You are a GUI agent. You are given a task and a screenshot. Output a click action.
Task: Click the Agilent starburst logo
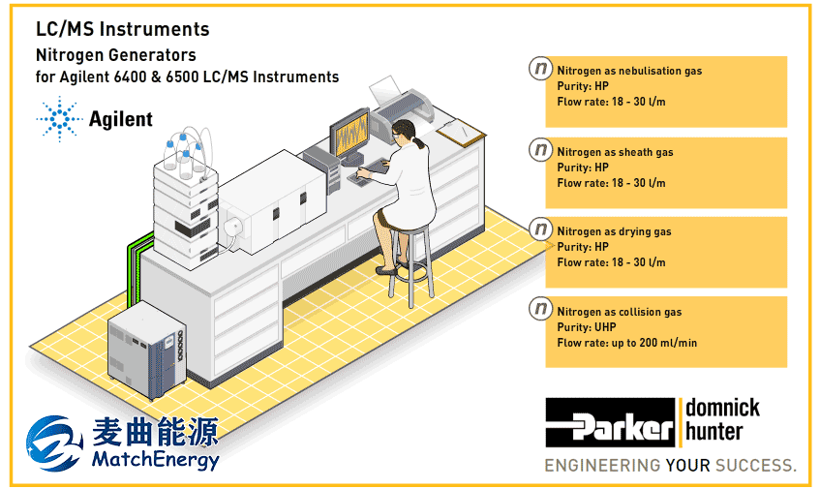[x=60, y=119]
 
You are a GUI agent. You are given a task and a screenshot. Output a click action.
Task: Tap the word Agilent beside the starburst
[x=121, y=120]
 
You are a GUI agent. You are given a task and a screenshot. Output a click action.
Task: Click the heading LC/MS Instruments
[x=122, y=29]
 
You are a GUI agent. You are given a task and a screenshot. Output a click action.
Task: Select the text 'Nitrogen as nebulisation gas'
[x=629, y=71]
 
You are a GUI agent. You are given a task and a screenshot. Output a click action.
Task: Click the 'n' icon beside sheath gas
[x=540, y=150]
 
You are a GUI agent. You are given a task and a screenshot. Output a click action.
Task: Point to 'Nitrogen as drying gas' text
[x=614, y=231]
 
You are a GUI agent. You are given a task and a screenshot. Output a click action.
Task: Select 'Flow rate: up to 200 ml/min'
[x=627, y=343]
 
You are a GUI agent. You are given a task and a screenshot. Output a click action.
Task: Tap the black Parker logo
[x=610, y=422]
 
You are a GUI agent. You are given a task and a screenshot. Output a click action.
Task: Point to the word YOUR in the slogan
[x=687, y=465]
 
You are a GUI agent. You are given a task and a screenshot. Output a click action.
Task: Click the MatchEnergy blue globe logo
[x=54, y=443]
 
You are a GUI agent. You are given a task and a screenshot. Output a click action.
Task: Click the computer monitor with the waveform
[x=349, y=134]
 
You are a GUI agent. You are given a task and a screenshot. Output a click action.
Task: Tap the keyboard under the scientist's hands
[x=368, y=172]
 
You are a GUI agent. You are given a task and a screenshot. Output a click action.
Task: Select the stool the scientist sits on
[x=411, y=261]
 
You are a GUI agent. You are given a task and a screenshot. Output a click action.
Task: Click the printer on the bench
[x=402, y=108]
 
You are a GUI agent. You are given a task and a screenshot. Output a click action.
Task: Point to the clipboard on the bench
[x=461, y=133]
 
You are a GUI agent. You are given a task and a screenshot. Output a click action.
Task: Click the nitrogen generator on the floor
[x=147, y=349]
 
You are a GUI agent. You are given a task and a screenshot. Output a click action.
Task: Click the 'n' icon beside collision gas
[x=540, y=309]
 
